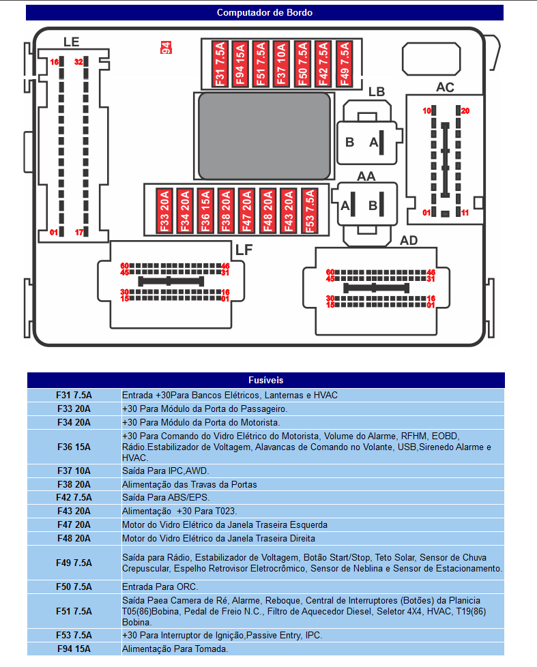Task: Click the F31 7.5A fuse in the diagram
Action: coord(220,64)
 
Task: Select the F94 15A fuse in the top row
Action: coord(240,64)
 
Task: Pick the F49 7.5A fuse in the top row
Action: coord(343,64)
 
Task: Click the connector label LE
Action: coord(71,42)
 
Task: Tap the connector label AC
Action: coord(445,87)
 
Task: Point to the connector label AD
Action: coord(409,240)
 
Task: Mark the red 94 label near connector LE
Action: coord(165,47)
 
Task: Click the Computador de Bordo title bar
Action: coord(265,12)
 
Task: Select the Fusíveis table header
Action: coord(265,380)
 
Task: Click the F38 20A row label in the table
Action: coord(74,484)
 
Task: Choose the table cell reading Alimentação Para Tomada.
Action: coord(175,649)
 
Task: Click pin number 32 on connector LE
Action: coord(78,62)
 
